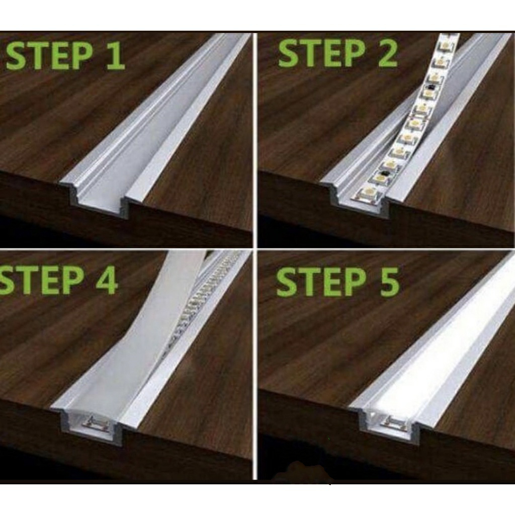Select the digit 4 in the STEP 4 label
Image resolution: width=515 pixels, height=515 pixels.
pos(107,280)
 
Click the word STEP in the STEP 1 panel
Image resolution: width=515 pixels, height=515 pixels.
pos(50,54)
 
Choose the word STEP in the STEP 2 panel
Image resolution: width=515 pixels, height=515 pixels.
pos(322,53)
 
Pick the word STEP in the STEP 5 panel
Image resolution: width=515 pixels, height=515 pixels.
pos(321,281)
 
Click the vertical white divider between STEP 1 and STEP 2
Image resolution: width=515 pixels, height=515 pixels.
pos(255,140)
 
